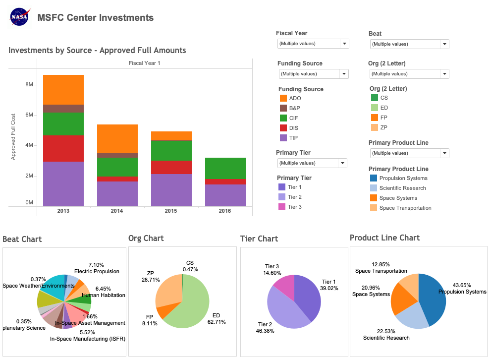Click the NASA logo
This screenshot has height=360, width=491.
[x=20, y=17]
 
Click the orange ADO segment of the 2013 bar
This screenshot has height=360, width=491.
[x=63, y=90]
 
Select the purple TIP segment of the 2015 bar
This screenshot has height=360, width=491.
[x=171, y=190]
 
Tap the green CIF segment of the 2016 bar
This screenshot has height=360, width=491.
[x=225, y=168]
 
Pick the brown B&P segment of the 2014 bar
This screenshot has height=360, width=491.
[x=117, y=155]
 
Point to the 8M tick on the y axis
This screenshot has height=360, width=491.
[x=29, y=85]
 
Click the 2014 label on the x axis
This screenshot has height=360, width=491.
[x=117, y=211]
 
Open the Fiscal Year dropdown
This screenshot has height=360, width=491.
[x=344, y=44]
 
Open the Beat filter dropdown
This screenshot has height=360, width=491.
[x=444, y=44]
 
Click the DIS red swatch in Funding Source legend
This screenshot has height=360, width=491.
[x=283, y=128]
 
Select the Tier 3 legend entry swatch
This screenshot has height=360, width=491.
[x=282, y=207]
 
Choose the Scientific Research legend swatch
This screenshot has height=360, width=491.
[x=374, y=188]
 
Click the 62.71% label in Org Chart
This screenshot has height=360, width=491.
[x=216, y=322]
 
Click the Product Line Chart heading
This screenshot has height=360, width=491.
[x=384, y=238]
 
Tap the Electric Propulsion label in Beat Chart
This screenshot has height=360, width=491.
[x=97, y=271]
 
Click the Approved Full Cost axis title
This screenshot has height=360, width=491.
[x=13, y=136]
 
